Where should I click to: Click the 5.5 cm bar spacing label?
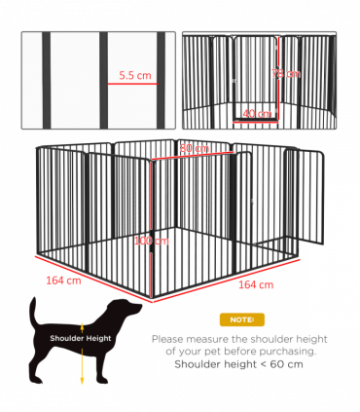pyautogui.click(x=134, y=74)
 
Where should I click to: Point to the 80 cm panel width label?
pyautogui.click(x=194, y=148)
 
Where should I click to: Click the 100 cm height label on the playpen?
pyautogui.click(x=151, y=241)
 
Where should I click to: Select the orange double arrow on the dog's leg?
pyautogui.click(x=83, y=365)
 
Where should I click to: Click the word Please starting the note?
pyautogui.click(x=168, y=338)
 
